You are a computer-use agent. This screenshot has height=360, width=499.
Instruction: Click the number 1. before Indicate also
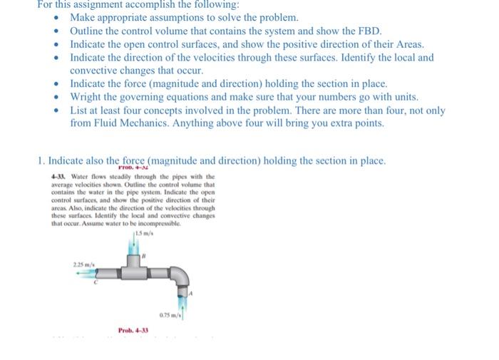click(41, 160)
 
